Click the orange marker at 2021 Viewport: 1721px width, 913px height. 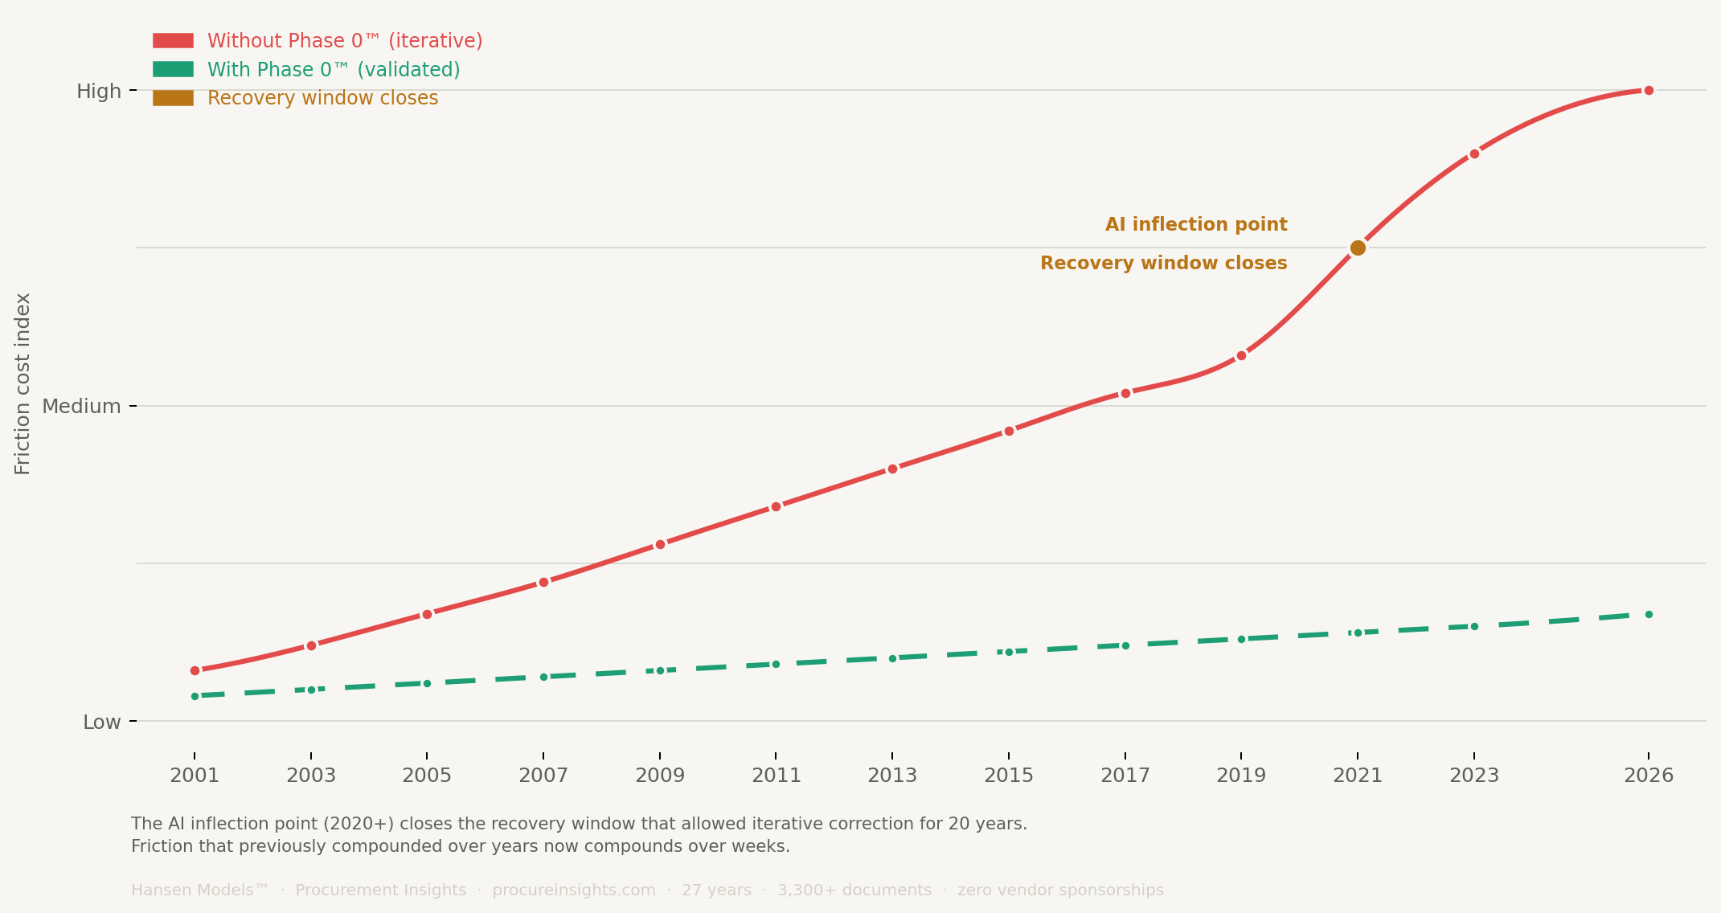1358,248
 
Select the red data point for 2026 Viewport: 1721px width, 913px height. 1649,90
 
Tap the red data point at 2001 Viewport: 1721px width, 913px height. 195,670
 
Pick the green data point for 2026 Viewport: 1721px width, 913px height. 1649,614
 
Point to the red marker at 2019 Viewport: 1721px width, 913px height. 1241,355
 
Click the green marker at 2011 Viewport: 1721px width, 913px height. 776,664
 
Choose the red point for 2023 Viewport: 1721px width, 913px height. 1474,154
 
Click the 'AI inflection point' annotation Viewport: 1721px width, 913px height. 1196,224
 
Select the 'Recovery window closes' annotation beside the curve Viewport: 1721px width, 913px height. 1163,263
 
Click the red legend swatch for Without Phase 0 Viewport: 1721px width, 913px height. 173,41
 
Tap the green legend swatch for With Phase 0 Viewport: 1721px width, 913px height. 173,70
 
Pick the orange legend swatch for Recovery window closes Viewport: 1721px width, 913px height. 173,98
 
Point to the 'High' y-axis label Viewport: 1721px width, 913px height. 99,91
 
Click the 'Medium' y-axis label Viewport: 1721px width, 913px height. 81,406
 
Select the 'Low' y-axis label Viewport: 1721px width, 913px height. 102,722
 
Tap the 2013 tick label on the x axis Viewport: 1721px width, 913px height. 892,776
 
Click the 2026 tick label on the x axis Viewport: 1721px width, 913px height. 1649,776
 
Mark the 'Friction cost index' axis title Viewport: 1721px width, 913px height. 23,383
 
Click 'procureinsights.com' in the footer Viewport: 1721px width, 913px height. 574,890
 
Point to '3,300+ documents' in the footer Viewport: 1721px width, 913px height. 854,890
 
